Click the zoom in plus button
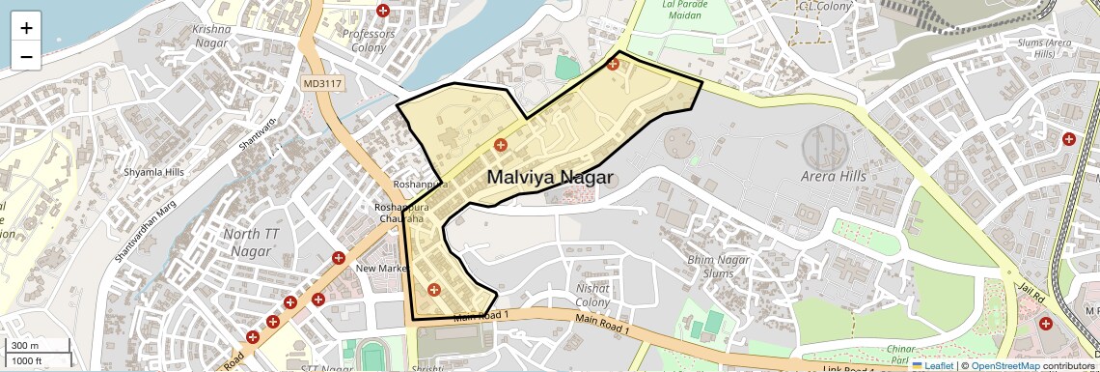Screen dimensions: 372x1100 point(26,28)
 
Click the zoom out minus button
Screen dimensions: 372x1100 point(26,56)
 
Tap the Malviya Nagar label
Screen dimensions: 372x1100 point(550,177)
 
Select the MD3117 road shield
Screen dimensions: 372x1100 point(322,84)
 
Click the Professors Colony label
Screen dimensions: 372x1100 point(369,41)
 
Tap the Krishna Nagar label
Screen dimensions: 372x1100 point(212,36)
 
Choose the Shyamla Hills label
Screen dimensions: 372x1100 point(153,172)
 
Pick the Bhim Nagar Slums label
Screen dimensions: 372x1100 point(718,266)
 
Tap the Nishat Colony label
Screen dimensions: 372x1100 point(592,296)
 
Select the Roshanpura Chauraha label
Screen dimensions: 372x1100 point(399,213)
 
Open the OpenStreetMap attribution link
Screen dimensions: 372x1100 point(1004,365)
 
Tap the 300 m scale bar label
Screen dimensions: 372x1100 point(25,346)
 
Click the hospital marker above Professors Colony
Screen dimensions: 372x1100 point(383,11)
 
